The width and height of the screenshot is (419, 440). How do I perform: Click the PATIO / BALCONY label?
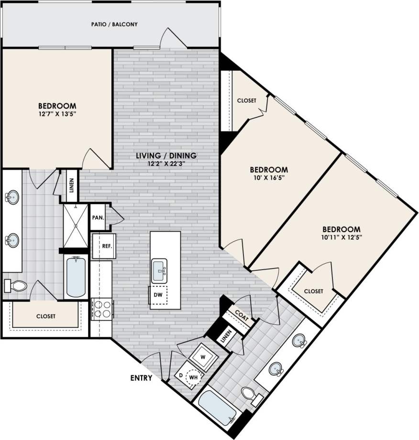tap(114, 24)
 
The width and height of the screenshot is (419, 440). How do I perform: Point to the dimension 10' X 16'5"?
tap(269, 178)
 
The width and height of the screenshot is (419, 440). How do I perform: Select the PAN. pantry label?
tap(98, 217)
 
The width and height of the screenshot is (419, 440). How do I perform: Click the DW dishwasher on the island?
tap(158, 294)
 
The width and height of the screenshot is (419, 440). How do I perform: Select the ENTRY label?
tap(141, 378)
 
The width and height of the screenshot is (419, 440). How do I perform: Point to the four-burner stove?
tap(101, 308)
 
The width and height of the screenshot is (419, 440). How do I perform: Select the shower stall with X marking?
tap(76, 225)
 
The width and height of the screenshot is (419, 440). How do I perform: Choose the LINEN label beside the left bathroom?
tap(72, 186)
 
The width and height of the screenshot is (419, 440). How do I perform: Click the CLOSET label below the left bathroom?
tap(45, 316)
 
